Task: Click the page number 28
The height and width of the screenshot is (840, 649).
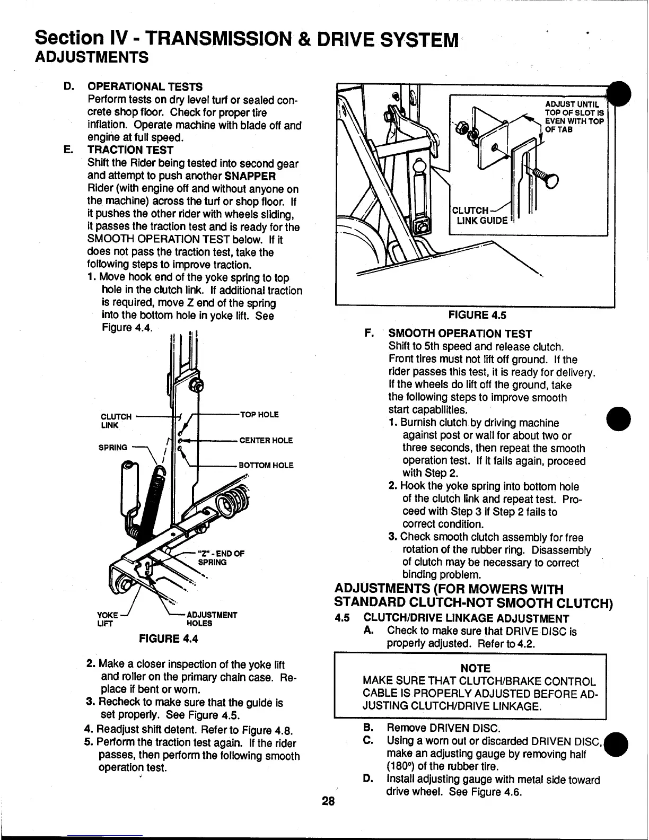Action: pyautogui.click(x=328, y=801)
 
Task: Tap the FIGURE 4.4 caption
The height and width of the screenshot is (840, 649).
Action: pyautogui.click(x=168, y=638)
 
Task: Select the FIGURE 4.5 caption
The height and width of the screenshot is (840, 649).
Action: pyautogui.click(x=477, y=315)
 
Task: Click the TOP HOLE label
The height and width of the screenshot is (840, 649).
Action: pyautogui.click(x=259, y=415)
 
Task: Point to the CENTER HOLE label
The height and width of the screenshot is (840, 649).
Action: pyautogui.click(x=266, y=440)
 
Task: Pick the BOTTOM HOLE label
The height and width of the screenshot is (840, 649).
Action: pyautogui.click(x=266, y=466)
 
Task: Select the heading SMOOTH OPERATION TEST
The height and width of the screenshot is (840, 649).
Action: pyautogui.click(x=460, y=334)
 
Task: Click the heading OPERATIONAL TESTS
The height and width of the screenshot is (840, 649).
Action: pyautogui.click(x=144, y=87)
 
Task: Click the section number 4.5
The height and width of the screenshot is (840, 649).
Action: pyautogui.click(x=344, y=618)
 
